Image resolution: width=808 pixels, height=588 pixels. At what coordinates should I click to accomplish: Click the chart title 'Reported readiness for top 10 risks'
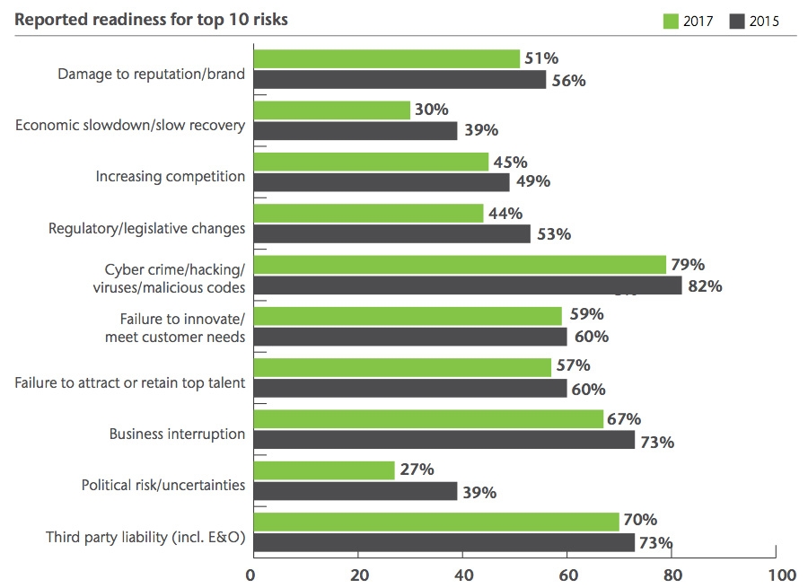click(x=152, y=19)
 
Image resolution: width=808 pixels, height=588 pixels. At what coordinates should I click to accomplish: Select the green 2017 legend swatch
click(x=671, y=22)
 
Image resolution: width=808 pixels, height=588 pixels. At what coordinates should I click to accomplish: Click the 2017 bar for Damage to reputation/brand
click(x=387, y=58)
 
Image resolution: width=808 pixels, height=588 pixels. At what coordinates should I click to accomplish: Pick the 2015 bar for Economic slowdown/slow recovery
click(x=356, y=131)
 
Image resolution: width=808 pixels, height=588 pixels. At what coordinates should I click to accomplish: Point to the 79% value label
click(x=687, y=265)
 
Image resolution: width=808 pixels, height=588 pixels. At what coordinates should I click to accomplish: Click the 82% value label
click(x=704, y=287)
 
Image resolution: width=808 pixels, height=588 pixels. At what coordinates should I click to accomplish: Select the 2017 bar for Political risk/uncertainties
click(x=324, y=470)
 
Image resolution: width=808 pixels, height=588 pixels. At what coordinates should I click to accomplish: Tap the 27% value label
click(x=417, y=470)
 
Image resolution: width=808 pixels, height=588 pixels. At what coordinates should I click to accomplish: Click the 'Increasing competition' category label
click(x=171, y=176)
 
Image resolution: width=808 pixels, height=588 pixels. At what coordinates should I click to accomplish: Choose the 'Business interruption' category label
click(x=177, y=434)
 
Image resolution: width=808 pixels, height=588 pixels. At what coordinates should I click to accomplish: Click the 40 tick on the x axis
click(x=463, y=574)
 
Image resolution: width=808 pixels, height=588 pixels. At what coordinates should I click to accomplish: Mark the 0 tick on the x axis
click(x=254, y=574)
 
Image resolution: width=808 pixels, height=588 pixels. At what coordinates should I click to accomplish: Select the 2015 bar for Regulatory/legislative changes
click(x=392, y=234)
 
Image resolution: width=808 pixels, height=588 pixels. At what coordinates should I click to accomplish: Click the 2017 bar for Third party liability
click(x=437, y=521)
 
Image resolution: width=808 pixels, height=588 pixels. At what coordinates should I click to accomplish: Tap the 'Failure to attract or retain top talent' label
click(x=130, y=383)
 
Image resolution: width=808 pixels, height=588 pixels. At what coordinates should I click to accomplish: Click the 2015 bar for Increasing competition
click(x=382, y=182)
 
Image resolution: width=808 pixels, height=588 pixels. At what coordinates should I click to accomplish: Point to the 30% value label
click(x=431, y=110)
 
